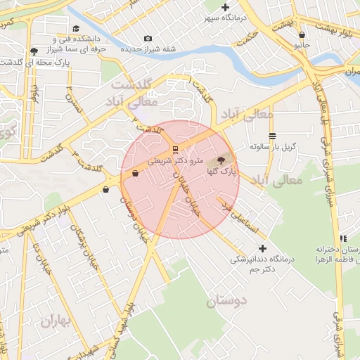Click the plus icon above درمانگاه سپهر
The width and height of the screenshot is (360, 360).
pyautogui.click(x=225, y=7)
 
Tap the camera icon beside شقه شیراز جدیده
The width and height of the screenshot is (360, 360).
pyautogui.click(x=148, y=38)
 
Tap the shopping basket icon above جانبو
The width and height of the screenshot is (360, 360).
pyautogui.click(x=302, y=34)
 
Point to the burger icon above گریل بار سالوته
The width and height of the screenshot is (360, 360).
pyautogui.click(x=272, y=136)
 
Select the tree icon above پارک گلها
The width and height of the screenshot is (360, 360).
pyautogui.click(x=223, y=161)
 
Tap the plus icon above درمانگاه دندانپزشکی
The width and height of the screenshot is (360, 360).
pyautogui.click(x=263, y=248)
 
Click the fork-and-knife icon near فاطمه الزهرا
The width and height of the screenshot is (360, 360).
pyautogui.click(x=344, y=239)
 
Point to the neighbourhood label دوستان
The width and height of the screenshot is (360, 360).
pyautogui.click(x=228, y=302)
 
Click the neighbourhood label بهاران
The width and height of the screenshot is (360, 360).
pyautogui.click(x=56, y=323)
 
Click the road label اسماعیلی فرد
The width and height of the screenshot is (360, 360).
pyautogui.click(x=240, y=217)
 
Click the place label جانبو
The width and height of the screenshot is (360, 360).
pyautogui.click(x=302, y=44)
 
